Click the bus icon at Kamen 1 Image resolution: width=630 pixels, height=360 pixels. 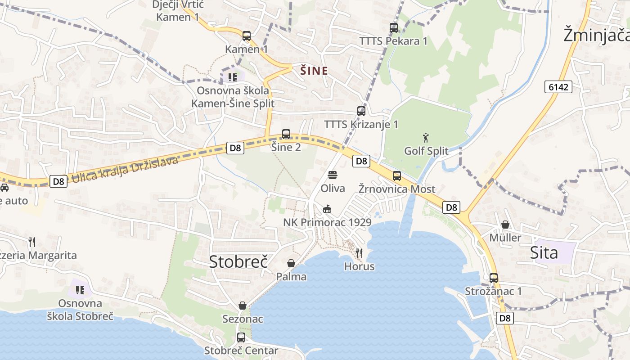[246, 36]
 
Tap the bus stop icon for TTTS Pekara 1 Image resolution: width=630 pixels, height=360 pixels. [394, 28]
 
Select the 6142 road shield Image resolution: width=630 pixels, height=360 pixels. [558, 87]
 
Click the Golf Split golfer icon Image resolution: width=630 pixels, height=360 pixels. [426, 137]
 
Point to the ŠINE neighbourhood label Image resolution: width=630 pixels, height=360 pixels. [314, 71]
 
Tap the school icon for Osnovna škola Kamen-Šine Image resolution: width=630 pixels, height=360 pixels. [232, 77]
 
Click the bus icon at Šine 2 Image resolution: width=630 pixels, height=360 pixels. [286, 134]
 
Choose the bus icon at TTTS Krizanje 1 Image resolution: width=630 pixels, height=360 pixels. [361, 111]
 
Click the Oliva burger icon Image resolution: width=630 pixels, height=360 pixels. [333, 175]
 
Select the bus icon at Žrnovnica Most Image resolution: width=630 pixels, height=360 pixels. [396, 176]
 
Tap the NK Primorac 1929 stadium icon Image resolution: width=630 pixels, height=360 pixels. [327, 209]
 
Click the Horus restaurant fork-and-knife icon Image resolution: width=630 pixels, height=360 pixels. [359, 253]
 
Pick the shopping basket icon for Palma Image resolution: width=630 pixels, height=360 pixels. [291, 263]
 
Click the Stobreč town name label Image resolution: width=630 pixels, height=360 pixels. [238, 261]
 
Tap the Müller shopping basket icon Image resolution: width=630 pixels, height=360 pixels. [505, 224]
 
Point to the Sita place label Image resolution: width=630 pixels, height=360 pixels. [544, 252]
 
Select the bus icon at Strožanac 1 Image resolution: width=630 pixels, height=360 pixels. [494, 278]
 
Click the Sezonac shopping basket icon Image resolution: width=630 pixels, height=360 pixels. [243, 306]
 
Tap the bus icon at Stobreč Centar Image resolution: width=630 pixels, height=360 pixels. [241, 337]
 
